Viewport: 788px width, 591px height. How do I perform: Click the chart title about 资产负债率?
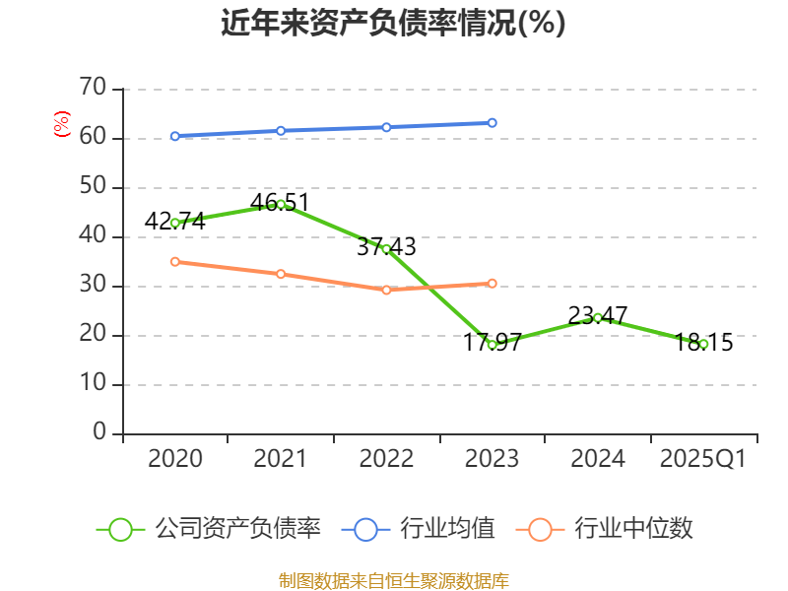[393, 24]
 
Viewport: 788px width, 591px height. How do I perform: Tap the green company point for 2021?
[281, 204]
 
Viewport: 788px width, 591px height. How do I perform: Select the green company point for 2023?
[492, 345]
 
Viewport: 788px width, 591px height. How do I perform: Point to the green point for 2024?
[598, 317]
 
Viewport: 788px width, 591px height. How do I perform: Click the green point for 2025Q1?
[703, 344]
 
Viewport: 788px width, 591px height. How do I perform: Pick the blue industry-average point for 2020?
[175, 136]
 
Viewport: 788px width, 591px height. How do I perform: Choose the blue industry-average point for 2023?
[492, 123]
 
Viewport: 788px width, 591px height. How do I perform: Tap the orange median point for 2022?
[386, 290]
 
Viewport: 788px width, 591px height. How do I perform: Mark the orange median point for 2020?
[175, 261]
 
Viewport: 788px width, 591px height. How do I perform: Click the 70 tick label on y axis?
[93, 89]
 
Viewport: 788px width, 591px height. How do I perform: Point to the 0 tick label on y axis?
[99, 432]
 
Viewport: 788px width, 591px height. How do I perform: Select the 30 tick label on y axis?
[93, 286]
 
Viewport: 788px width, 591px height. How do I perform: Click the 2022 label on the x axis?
[386, 458]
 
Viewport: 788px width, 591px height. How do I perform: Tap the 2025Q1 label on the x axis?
[702, 458]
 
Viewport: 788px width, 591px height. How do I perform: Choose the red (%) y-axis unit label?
[62, 125]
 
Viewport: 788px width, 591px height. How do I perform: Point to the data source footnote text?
[393, 579]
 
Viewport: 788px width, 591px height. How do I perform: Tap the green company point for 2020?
[175, 223]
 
